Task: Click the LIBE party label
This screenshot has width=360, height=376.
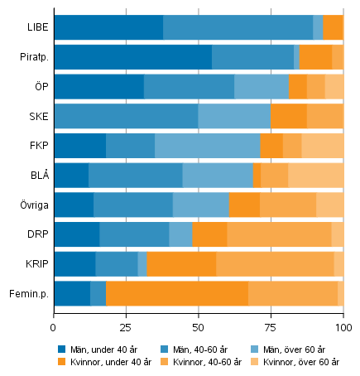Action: coord(37,27)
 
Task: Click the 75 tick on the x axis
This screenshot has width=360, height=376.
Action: coord(271,316)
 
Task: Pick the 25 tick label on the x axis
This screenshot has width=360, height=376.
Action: coord(126,316)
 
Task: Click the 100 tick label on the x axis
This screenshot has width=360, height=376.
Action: coord(342,316)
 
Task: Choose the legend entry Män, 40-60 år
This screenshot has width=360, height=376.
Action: coord(201,349)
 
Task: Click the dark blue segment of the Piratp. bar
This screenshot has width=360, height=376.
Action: coord(132,57)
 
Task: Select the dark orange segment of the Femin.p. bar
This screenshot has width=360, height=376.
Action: coord(176,293)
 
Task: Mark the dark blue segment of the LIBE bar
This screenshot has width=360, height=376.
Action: coord(108,27)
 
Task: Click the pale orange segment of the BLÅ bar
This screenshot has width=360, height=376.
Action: coord(315,175)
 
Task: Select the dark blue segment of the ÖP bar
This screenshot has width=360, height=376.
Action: coord(98,86)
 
